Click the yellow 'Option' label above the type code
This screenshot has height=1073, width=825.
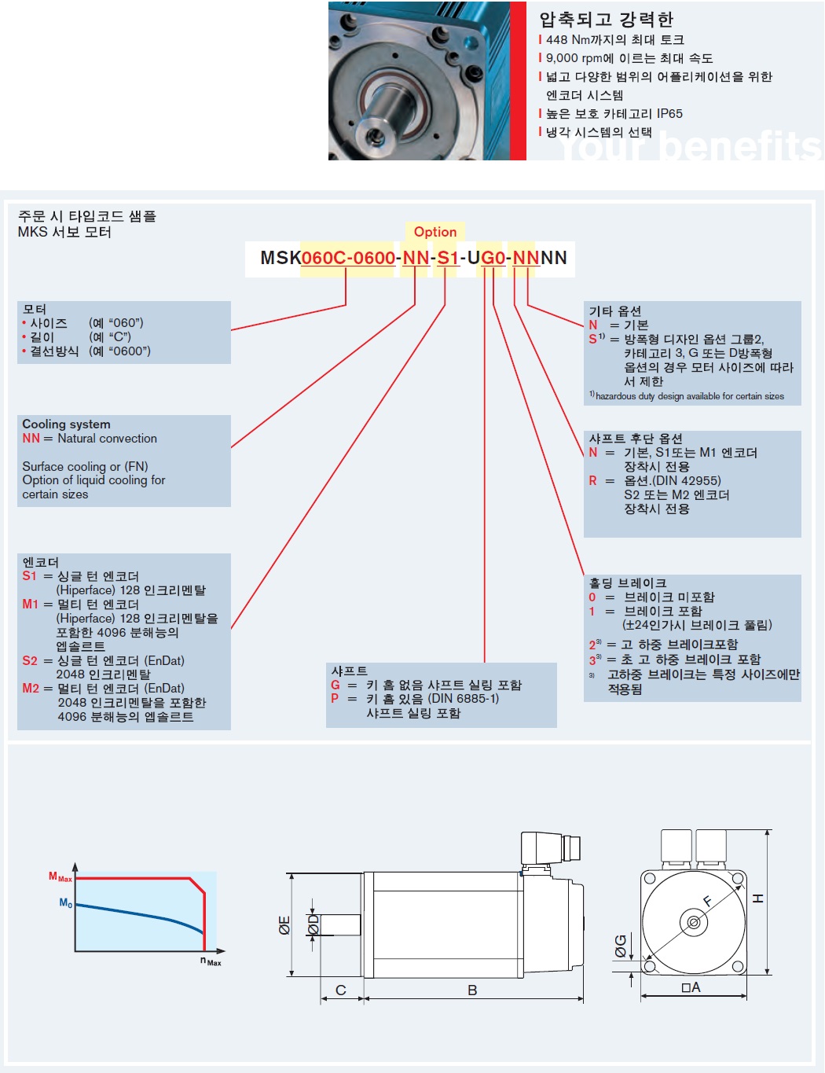435,232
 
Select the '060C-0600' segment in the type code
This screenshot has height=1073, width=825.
348,258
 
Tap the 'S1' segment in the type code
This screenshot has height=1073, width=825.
448,258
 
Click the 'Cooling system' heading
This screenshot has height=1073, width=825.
66,424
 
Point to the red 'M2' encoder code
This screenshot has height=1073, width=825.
31,689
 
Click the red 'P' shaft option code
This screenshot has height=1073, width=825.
335,699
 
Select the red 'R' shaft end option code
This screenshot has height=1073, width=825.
592,481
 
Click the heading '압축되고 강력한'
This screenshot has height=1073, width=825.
606,20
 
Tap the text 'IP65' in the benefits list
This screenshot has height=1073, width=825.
669,114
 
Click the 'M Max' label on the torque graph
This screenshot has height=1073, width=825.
60,877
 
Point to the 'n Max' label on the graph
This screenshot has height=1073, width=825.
211,961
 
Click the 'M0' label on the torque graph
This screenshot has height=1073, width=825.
65,903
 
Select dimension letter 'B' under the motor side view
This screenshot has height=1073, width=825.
472,990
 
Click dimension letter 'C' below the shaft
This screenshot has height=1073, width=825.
341,990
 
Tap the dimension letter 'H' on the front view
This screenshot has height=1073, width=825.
758,898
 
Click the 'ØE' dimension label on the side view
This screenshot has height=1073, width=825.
284,925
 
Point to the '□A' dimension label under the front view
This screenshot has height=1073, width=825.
691,988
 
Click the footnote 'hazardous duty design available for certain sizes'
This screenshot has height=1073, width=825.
689,396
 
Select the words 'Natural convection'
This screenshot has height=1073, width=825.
107,439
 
